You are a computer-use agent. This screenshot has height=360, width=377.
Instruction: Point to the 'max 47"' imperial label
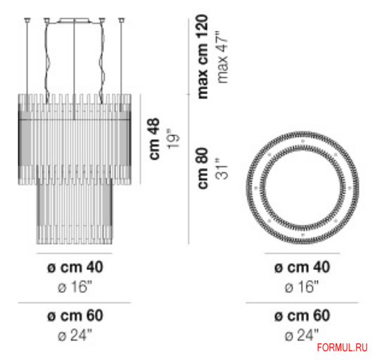(223, 57)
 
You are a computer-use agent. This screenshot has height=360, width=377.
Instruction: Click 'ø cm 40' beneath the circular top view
(301, 267)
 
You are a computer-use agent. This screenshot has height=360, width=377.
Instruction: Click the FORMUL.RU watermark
(343, 347)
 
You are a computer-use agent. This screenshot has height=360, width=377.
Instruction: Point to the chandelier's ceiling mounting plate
(74, 20)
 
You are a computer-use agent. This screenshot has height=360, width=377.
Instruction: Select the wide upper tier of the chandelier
(73, 137)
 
